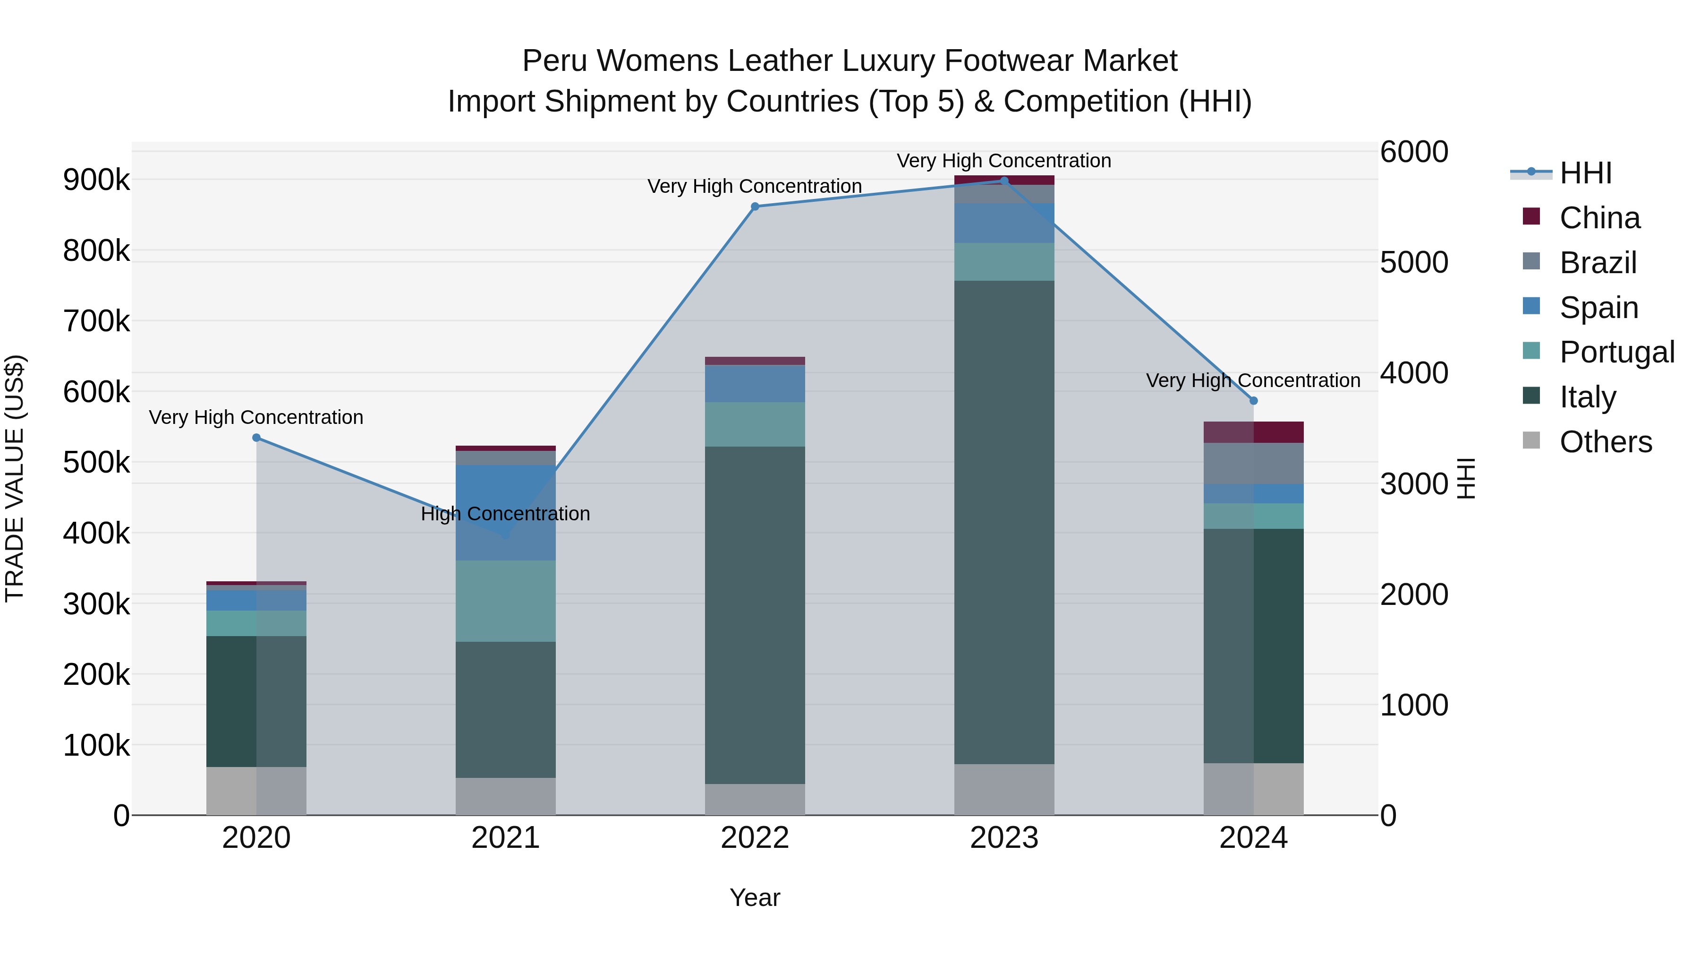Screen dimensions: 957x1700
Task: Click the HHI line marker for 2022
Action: pos(755,207)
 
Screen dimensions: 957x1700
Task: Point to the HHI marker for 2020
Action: pos(257,438)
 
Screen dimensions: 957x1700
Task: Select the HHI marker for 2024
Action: pos(1253,401)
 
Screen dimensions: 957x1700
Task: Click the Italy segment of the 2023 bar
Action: pos(1004,522)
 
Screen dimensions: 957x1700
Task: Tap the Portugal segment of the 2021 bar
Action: pos(505,601)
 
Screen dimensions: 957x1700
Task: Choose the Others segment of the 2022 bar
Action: pos(755,799)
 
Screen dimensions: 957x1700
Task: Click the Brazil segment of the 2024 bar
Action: pos(1253,464)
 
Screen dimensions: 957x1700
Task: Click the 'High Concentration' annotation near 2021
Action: pos(505,514)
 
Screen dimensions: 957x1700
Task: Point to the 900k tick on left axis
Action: pos(96,180)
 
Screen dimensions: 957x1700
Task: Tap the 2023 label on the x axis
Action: pos(1004,838)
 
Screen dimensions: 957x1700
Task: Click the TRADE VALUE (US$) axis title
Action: pos(15,478)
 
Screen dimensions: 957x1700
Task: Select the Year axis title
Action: pos(755,897)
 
